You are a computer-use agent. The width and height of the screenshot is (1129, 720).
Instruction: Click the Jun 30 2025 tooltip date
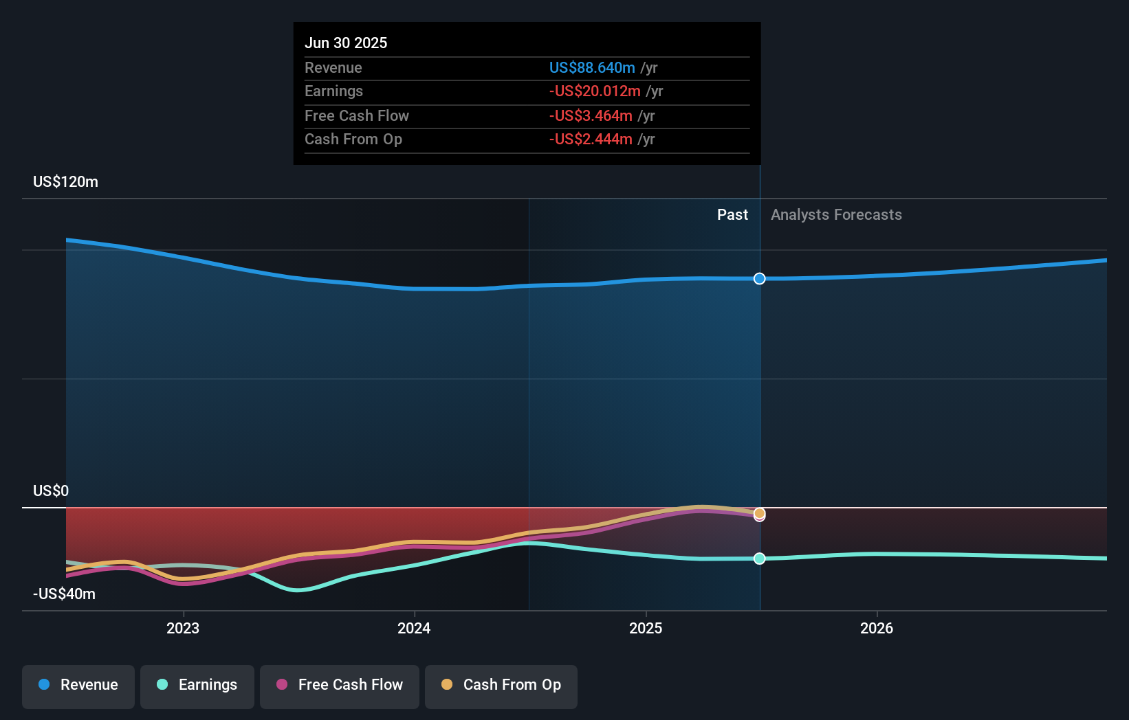[x=346, y=43]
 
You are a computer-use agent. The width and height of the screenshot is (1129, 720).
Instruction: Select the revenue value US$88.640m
[x=591, y=67]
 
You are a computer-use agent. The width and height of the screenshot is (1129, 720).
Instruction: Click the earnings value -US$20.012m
[x=594, y=91]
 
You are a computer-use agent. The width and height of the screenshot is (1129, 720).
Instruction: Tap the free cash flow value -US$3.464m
[x=590, y=115]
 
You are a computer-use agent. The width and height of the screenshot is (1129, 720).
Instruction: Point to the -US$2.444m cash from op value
[x=590, y=139]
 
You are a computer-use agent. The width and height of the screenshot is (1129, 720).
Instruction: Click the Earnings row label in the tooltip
[x=333, y=91]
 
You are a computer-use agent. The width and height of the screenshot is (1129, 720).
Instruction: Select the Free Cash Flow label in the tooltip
[x=356, y=115]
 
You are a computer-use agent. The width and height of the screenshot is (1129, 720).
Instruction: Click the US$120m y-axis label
[x=65, y=181]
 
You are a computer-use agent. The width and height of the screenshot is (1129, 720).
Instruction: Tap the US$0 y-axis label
[x=51, y=491]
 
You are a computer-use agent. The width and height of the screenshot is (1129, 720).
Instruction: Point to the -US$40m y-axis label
[x=64, y=594]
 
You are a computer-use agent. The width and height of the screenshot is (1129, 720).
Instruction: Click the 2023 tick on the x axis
[x=183, y=628]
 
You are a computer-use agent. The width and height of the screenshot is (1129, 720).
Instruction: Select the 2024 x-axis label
[x=414, y=628]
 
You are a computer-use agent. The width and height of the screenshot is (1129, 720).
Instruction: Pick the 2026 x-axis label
[x=877, y=628]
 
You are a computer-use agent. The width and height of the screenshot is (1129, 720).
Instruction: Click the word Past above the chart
[x=732, y=214]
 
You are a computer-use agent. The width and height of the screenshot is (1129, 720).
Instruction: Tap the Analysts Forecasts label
[x=836, y=214]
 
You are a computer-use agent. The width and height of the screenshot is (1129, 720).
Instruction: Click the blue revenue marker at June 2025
[x=759, y=278]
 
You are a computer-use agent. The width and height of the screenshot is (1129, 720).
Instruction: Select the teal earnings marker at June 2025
[x=759, y=559]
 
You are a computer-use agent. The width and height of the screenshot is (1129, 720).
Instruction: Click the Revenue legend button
[x=78, y=685]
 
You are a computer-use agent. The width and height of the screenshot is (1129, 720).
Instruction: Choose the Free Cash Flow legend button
[x=340, y=685]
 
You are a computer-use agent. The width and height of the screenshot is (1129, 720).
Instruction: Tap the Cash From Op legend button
[x=501, y=685]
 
